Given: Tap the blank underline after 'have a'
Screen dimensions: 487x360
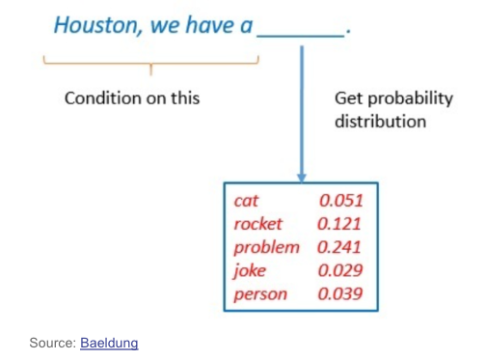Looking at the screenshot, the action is pyautogui.click(x=301, y=37).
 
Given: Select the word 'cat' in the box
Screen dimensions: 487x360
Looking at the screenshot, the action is pyautogui.click(x=246, y=201).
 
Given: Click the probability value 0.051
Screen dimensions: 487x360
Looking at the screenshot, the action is pyautogui.click(x=341, y=201).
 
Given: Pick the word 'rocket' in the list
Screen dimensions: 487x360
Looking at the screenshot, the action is pyautogui.click(x=258, y=224).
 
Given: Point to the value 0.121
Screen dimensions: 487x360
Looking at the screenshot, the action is pyautogui.click(x=339, y=224).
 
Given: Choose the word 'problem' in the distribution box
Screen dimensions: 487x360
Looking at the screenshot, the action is pyautogui.click(x=266, y=248).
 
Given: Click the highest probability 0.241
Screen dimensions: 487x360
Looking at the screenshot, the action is pyautogui.click(x=339, y=247).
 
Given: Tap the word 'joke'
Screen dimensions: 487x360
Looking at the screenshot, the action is pyautogui.click(x=250, y=270).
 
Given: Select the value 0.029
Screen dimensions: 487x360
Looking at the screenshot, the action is pyautogui.click(x=340, y=270).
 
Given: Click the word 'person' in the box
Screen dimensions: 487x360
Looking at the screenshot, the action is pyautogui.click(x=260, y=294).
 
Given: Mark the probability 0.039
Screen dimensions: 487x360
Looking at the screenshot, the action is pyautogui.click(x=340, y=293).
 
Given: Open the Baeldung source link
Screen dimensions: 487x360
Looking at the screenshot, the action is pyautogui.click(x=109, y=343).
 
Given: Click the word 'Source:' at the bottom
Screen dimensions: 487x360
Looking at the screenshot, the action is pyautogui.click(x=53, y=343).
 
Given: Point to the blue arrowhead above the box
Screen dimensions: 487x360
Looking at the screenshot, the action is pyautogui.click(x=302, y=178).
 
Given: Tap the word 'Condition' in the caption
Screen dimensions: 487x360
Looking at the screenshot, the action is pyautogui.click(x=103, y=98).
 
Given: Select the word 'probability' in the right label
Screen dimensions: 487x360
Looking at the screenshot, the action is pyautogui.click(x=411, y=98).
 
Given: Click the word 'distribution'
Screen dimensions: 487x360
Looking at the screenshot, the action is pyautogui.click(x=381, y=122).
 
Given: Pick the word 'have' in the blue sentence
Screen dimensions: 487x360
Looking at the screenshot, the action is pyautogui.click(x=210, y=25).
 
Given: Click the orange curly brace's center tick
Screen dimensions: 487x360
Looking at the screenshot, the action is pyautogui.click(x=150, y=69).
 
